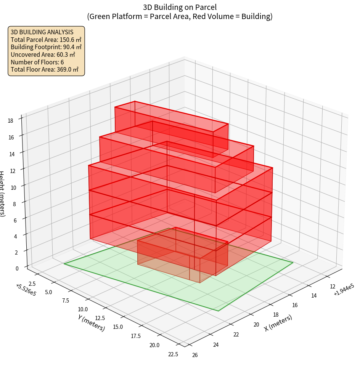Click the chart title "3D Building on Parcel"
(180, 7)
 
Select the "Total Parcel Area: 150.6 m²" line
(46, 39)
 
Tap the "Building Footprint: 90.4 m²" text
(46, 47)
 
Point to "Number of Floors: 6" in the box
(37, 62)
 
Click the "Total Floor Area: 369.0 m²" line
(45, 70)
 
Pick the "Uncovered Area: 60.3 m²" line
(43, 54)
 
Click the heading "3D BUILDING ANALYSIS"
(42, 32)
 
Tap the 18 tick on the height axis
(10, 121)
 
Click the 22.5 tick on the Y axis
(173, 354)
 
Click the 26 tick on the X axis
(195, 356)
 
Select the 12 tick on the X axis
(333, 287)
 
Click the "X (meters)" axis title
(278, 323)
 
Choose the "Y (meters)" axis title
(91, 322)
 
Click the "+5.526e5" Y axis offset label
(26, 290)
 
